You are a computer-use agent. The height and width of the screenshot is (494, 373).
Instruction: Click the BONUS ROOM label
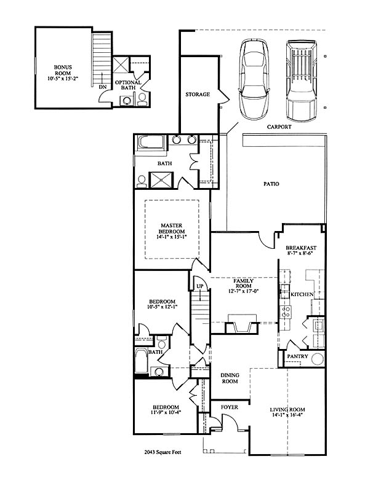point(63,70)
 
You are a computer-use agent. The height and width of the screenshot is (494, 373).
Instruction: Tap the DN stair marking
point(102,86)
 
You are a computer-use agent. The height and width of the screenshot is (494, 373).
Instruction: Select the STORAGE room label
point(198,94)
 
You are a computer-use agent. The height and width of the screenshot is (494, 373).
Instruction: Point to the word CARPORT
point(279,127)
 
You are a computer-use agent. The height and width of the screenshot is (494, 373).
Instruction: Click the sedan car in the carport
point(255,79)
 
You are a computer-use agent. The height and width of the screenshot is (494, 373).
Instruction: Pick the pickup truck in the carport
point(302,81)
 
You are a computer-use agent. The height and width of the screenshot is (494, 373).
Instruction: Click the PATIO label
point(271,184)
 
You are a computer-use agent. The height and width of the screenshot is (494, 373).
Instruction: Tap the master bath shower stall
point(161,180)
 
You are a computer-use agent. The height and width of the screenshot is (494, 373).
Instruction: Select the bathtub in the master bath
point(151,143)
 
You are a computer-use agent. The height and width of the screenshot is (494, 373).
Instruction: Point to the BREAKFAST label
point(301,248)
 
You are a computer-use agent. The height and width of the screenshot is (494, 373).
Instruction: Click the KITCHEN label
point(302,294)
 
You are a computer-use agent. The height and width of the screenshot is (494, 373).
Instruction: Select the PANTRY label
point(297,356)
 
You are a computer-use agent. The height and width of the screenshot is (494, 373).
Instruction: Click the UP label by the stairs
point(200,286)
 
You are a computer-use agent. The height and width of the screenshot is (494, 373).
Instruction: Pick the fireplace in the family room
point(243,324)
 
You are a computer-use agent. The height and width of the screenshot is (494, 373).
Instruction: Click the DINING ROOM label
point(230,378)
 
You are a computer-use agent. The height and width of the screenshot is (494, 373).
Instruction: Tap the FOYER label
point(230,407)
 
